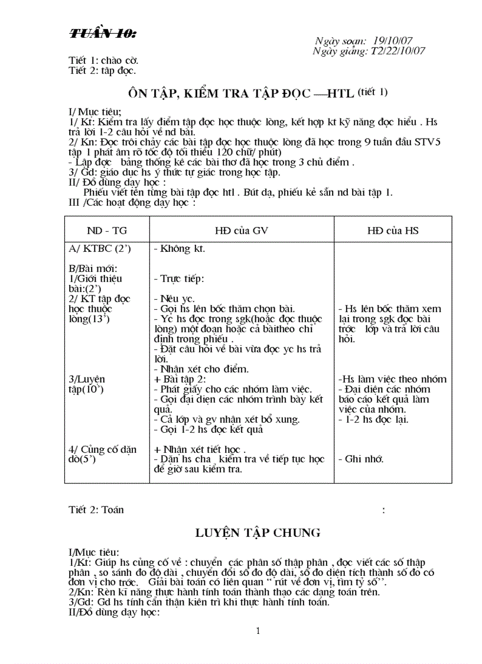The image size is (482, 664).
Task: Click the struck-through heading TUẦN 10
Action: [102, 34]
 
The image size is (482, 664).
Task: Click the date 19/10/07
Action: [393, 41]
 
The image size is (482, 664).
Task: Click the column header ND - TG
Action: [107, 231]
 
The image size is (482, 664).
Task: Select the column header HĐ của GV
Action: [241, 231]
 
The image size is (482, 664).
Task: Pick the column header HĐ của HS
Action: [393, 231]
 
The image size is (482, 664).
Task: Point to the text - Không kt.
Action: [179, 248]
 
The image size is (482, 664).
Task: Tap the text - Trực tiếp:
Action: [178, 278]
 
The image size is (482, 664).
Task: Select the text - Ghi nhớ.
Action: [361, 459]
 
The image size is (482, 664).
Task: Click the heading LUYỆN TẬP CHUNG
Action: [258, 533]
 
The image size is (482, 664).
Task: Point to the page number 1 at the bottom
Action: [258, 631]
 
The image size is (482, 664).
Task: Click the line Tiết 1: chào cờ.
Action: [103, 61]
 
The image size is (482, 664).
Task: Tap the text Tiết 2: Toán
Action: [96, 510]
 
